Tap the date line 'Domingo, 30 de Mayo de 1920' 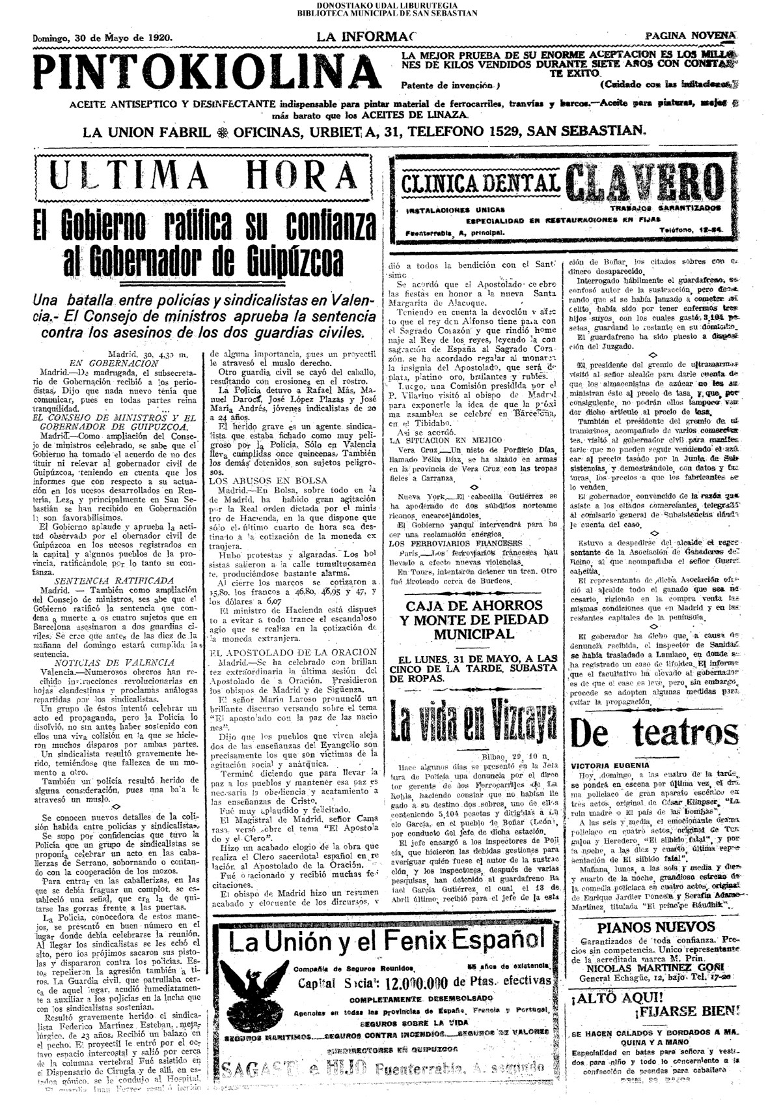tap(103, 38)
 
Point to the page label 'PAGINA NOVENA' tap(691, 36)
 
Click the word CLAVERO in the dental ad tap(644, 182)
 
